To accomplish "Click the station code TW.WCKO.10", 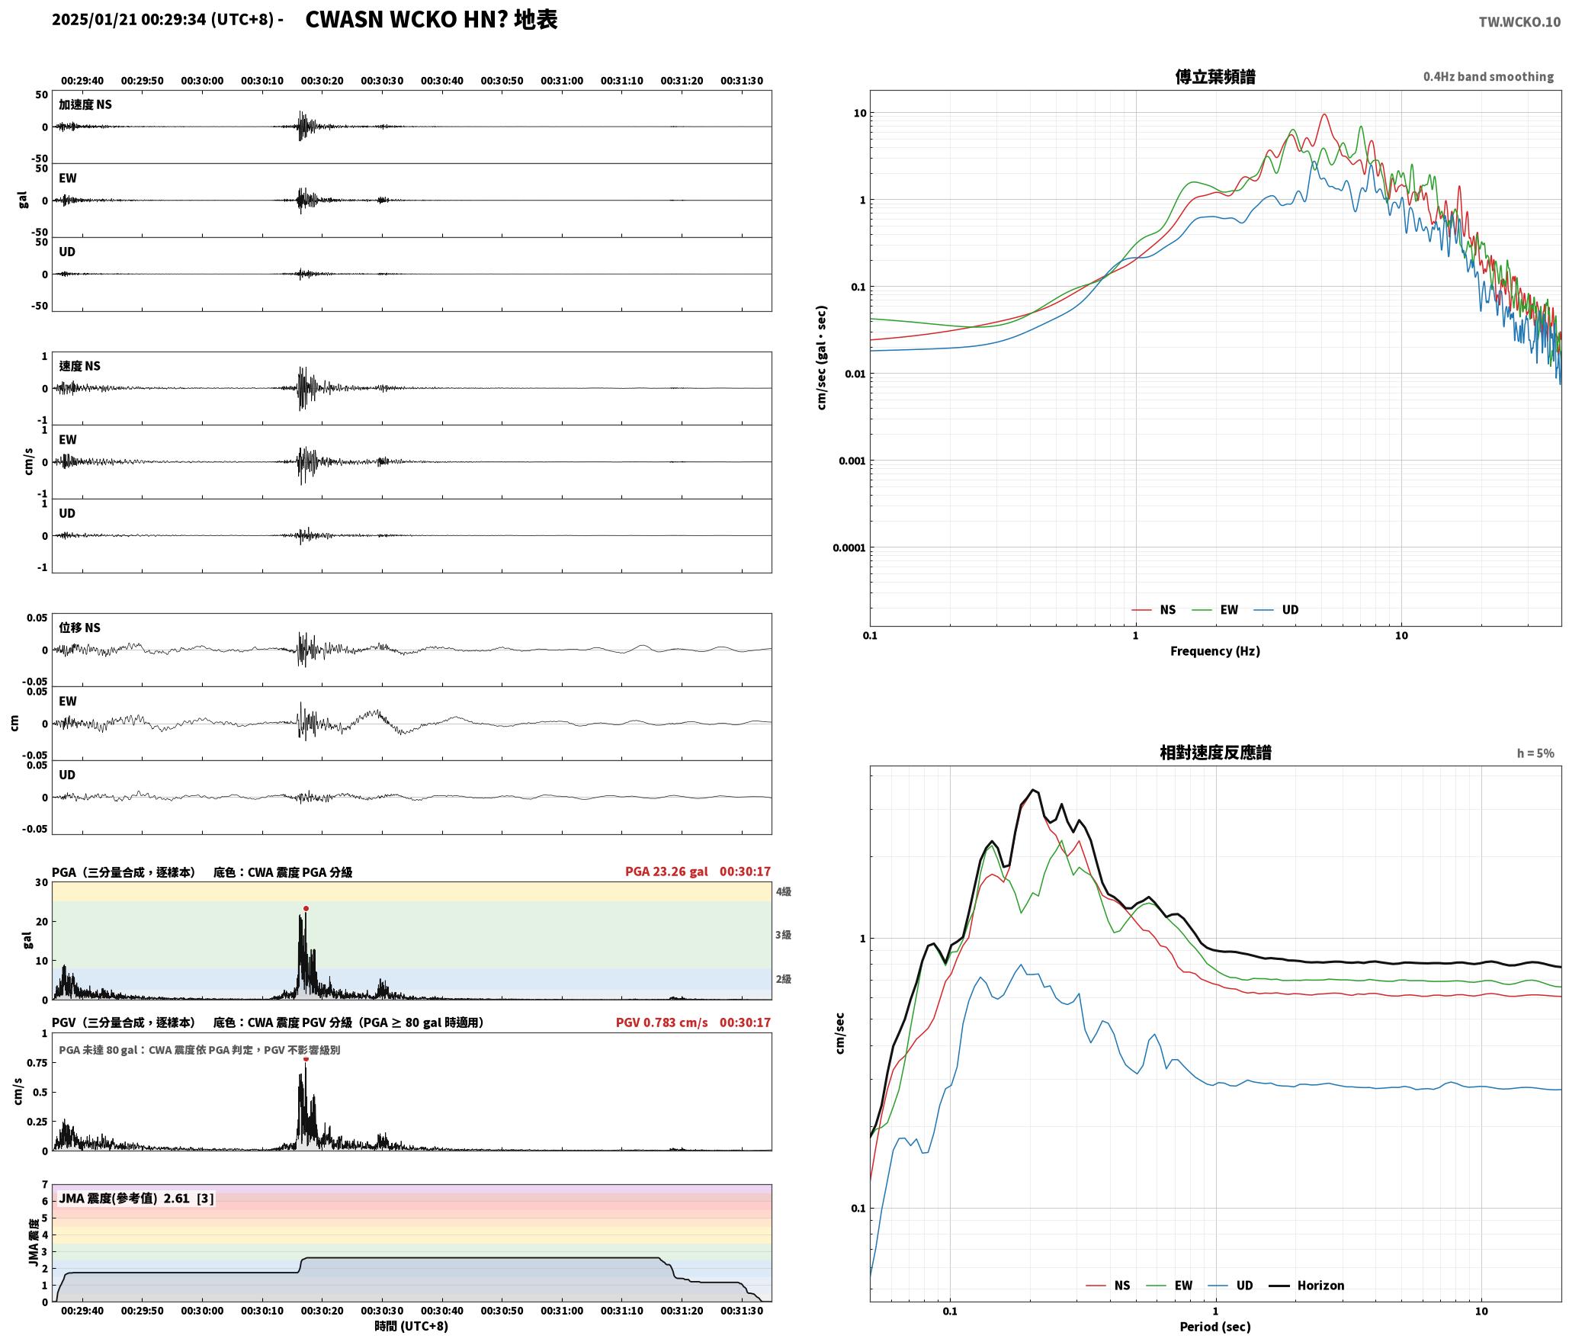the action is click(x=1519, y=22).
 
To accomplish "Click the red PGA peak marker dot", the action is click(x=306, y=908).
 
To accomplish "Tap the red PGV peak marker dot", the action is click(x=306, y=1058).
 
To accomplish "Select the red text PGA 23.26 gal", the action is click(x=666, y=871).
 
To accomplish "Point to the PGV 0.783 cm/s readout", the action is click(x=662, y=1022).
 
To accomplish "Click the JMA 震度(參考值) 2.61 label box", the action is click(x=136, y=1198).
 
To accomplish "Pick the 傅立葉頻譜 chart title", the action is click(x=1215, y=76).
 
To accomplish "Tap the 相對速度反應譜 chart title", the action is click(x=1215, y=752).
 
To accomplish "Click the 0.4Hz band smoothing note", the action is click(x=1488, y=76).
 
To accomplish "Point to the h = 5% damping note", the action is click(x=1535, y=753).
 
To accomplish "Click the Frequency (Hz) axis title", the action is click(x=1215, y=650).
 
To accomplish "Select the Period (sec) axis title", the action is click(x=1215, y=1326).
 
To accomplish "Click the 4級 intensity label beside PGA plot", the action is click(x=783, y=891).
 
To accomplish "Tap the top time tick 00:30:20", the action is click(x=322, y=80).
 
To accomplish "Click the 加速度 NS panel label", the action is click(x=85, y=104).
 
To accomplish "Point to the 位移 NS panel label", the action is click(x=79, y=628).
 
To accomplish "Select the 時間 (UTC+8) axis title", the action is click(x=411, y=1326).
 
